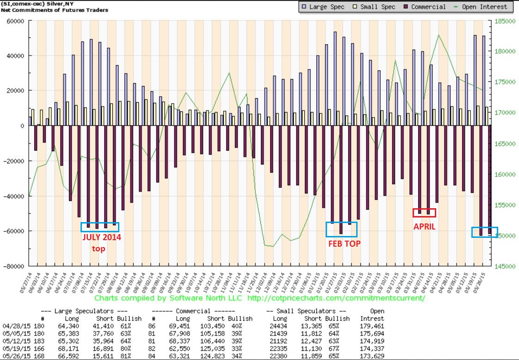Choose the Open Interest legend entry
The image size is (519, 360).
pos(481,7)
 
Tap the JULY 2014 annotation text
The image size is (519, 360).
pos(101,237)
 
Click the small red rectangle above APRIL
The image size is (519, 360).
pos(424,213)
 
